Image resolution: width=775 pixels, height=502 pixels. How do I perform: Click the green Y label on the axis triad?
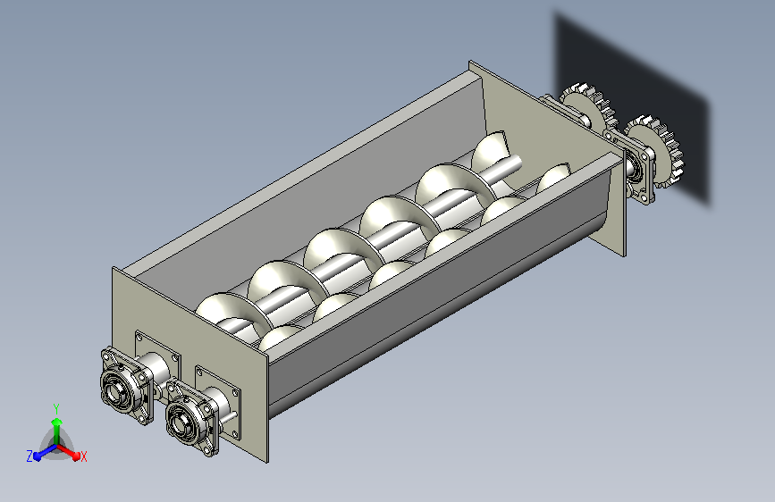[x=56, y=409]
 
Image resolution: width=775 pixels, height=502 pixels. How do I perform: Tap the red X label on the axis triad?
[x=83, y=456]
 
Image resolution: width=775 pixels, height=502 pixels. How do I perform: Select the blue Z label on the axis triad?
[x=29, y=456]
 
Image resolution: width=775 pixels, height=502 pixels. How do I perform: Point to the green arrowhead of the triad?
[x=57, y=423]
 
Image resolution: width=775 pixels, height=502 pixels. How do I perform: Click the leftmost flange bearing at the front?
[x=125, y=385]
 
